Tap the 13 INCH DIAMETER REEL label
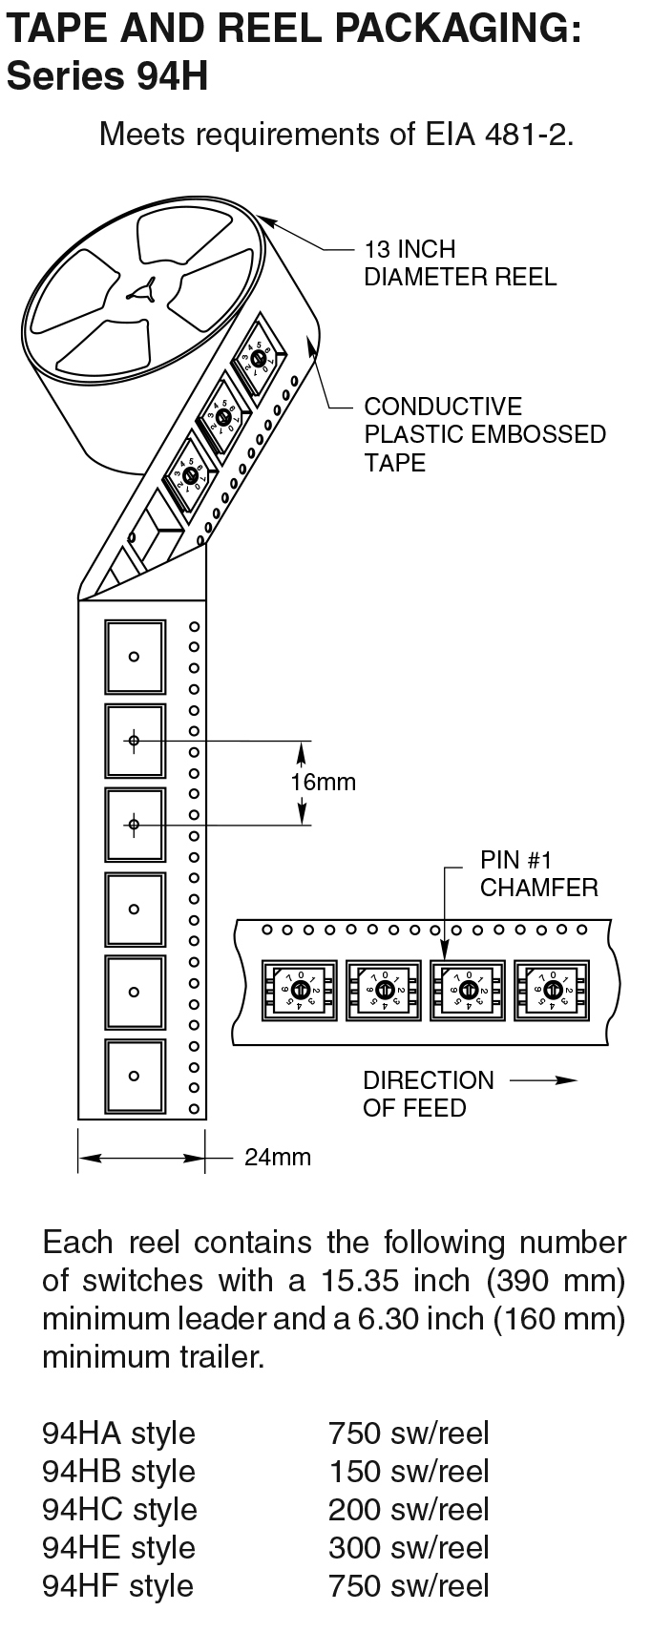pyautogui.click(x=459, y=263)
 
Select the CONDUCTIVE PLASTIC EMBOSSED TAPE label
pyautogui.click(x=484, y=434)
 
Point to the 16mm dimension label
pyautogui.click(x=323, y=783)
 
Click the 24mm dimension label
pyautogui.click(x=278, y=1158)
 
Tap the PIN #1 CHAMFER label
pyautogui.click(x=538, y=874)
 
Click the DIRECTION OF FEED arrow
pyautogui.click(x=544, y=1081)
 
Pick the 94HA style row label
pyautogui.click(x=118, y=1433)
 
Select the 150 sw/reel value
pyautogui.click(x=409, y=1472)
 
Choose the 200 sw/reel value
pyautogui.click(x=409, y=1510)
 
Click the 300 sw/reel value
pyautogui.click(x=409, y=1548)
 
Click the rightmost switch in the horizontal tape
pyautogui.click(x=551, y=989)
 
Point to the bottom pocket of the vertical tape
pyautogui.click(x=135, y=1077)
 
